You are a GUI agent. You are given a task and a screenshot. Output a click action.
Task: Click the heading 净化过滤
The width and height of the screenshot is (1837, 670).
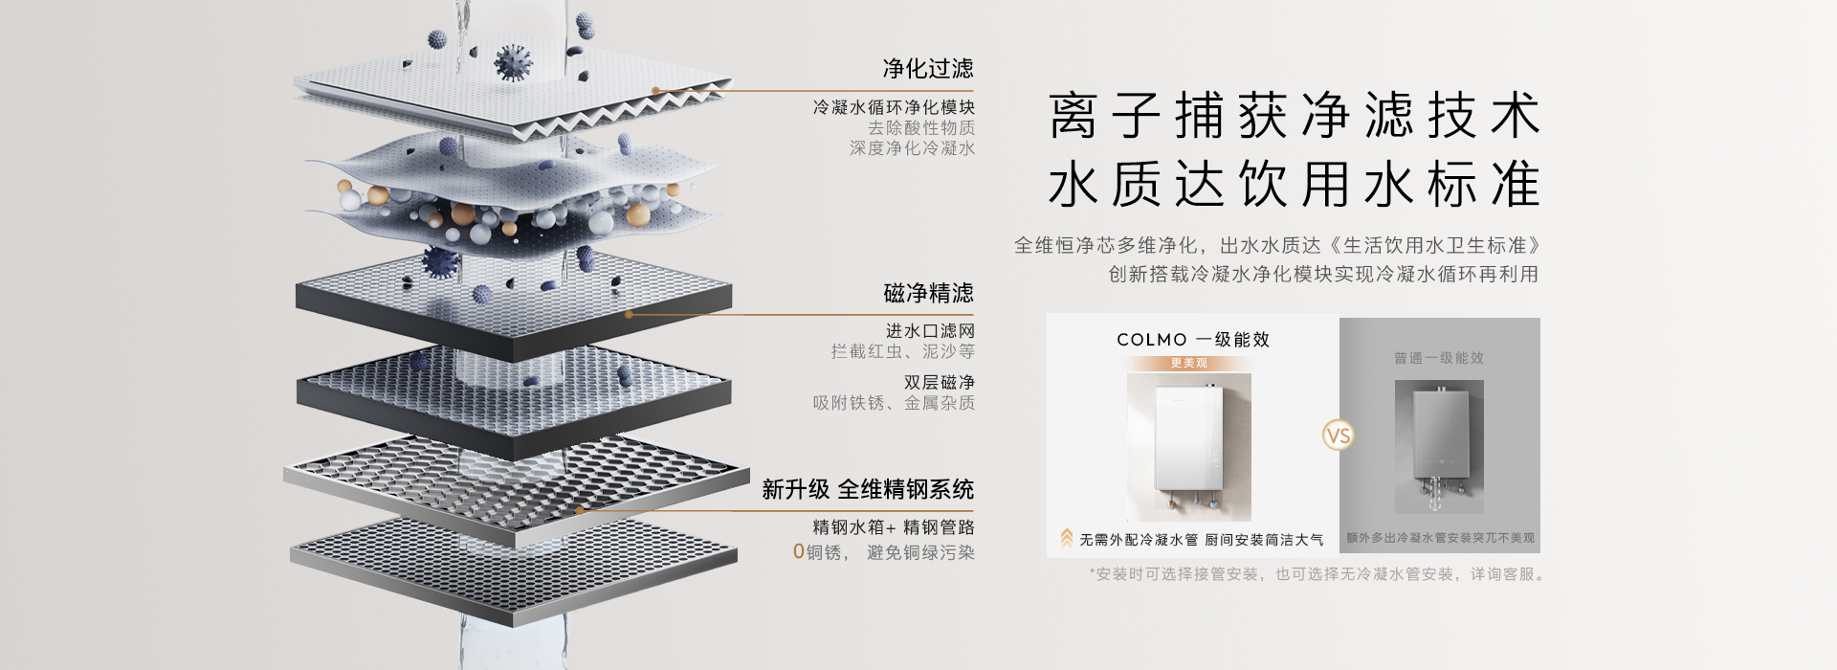coord(927,69)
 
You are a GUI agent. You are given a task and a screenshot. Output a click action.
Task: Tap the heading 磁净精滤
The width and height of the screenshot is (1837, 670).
coord(927,293)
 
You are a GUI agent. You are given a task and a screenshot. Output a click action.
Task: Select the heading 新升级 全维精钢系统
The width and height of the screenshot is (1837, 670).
coord(868,490)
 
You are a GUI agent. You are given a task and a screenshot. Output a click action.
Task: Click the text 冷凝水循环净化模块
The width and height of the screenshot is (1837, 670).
coord(894,107)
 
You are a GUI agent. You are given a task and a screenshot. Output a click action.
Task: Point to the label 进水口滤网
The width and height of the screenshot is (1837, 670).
coord(929,331)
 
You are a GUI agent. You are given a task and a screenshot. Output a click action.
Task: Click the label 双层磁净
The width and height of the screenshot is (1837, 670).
coord(939,383)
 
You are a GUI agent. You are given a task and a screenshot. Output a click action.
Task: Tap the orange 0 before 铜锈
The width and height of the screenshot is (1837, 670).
coord(799,552)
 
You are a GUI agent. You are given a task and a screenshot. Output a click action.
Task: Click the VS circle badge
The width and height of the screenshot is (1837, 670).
coord(1339,436)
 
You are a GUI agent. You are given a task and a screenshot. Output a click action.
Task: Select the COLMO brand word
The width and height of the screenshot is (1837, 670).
coord(1151,340)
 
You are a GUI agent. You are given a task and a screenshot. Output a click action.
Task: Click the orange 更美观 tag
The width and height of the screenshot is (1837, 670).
coord(1188,364)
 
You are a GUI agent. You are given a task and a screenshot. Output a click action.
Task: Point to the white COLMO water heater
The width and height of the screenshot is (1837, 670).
coord(1188,445)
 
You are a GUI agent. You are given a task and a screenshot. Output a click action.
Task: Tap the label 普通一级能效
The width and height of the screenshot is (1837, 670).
coord(1438,358)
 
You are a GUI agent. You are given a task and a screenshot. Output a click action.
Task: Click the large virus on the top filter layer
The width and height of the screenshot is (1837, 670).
coord(513,63)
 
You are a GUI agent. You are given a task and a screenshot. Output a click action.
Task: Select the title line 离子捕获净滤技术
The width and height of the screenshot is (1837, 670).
coord(1294,116)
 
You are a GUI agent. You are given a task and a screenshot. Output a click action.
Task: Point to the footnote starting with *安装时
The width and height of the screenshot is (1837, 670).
coord(1316,574)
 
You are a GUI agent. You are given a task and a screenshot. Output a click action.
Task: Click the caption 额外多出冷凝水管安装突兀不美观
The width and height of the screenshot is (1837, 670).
coord(1440,538)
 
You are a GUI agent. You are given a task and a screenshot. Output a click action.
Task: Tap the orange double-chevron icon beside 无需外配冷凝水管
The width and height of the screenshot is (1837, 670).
coord(1066,539)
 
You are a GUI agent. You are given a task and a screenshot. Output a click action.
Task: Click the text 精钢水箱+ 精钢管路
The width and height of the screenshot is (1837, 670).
coord(893,527)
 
